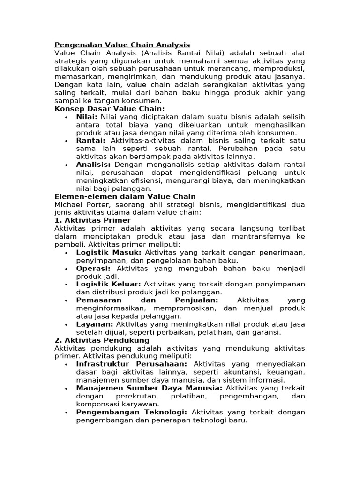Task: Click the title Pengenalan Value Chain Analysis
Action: point(122,45)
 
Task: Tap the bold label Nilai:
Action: point(87,117)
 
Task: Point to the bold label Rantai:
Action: point(91,141)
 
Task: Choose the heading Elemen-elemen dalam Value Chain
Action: point(125,196)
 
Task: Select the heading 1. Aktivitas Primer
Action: point(93,220)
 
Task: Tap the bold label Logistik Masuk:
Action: point(109,252)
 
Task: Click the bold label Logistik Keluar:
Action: point(109,284)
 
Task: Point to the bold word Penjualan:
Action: point(196,300)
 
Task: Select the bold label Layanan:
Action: point(95,324)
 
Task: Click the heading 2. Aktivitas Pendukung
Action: point(102,340)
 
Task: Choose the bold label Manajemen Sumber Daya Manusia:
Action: point(150,388)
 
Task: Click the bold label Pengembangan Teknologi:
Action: point(132,412)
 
